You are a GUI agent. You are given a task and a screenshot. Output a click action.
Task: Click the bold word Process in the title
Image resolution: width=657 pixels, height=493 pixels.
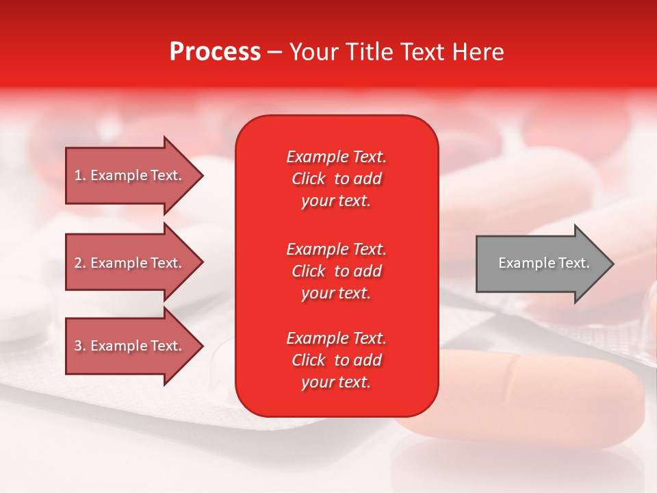[x=215, y=52]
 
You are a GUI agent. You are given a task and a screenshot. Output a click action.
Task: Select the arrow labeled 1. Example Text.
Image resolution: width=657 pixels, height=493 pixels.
[x=130, y=175]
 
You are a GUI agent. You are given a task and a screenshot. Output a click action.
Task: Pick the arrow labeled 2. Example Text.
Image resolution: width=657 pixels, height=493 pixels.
[x=130, y=263]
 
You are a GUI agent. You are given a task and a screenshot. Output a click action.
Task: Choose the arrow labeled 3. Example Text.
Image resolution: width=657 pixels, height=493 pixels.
[x=130, y=346]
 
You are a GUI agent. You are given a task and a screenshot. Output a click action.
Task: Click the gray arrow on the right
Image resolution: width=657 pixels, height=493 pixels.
[x=541, y=263]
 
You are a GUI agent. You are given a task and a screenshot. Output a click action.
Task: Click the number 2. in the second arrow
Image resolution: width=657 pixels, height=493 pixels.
[x=80, y=263]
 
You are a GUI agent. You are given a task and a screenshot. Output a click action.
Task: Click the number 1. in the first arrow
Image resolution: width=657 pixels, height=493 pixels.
[x=80, y=175]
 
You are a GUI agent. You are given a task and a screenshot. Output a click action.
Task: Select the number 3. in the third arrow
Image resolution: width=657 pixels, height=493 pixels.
[x=80, y=346]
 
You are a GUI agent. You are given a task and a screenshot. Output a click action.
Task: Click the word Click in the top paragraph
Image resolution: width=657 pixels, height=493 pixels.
[x=309, y=179]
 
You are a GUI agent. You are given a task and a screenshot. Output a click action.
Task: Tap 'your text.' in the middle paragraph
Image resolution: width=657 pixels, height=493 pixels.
[x=336, y=293]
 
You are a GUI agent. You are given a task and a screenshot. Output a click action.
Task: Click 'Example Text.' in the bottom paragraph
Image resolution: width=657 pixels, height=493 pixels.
[x=336, y=338]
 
